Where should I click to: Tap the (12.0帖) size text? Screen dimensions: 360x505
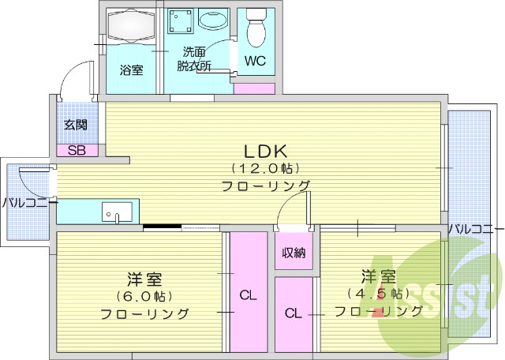point(264,168)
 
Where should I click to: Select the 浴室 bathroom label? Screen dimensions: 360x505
point(131,70)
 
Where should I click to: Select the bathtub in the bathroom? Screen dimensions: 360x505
point(131,24)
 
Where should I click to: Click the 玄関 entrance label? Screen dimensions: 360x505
point(76,125)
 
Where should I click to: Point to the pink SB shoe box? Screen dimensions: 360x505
point(77,150)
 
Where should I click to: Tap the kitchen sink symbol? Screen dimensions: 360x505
point(117,212)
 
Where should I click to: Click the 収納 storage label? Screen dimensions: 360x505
point(295,253)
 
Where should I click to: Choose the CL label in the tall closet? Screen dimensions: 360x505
point(248,296)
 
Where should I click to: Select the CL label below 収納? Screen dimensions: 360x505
point(294,313)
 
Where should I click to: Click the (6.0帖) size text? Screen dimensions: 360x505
point(144,296)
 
